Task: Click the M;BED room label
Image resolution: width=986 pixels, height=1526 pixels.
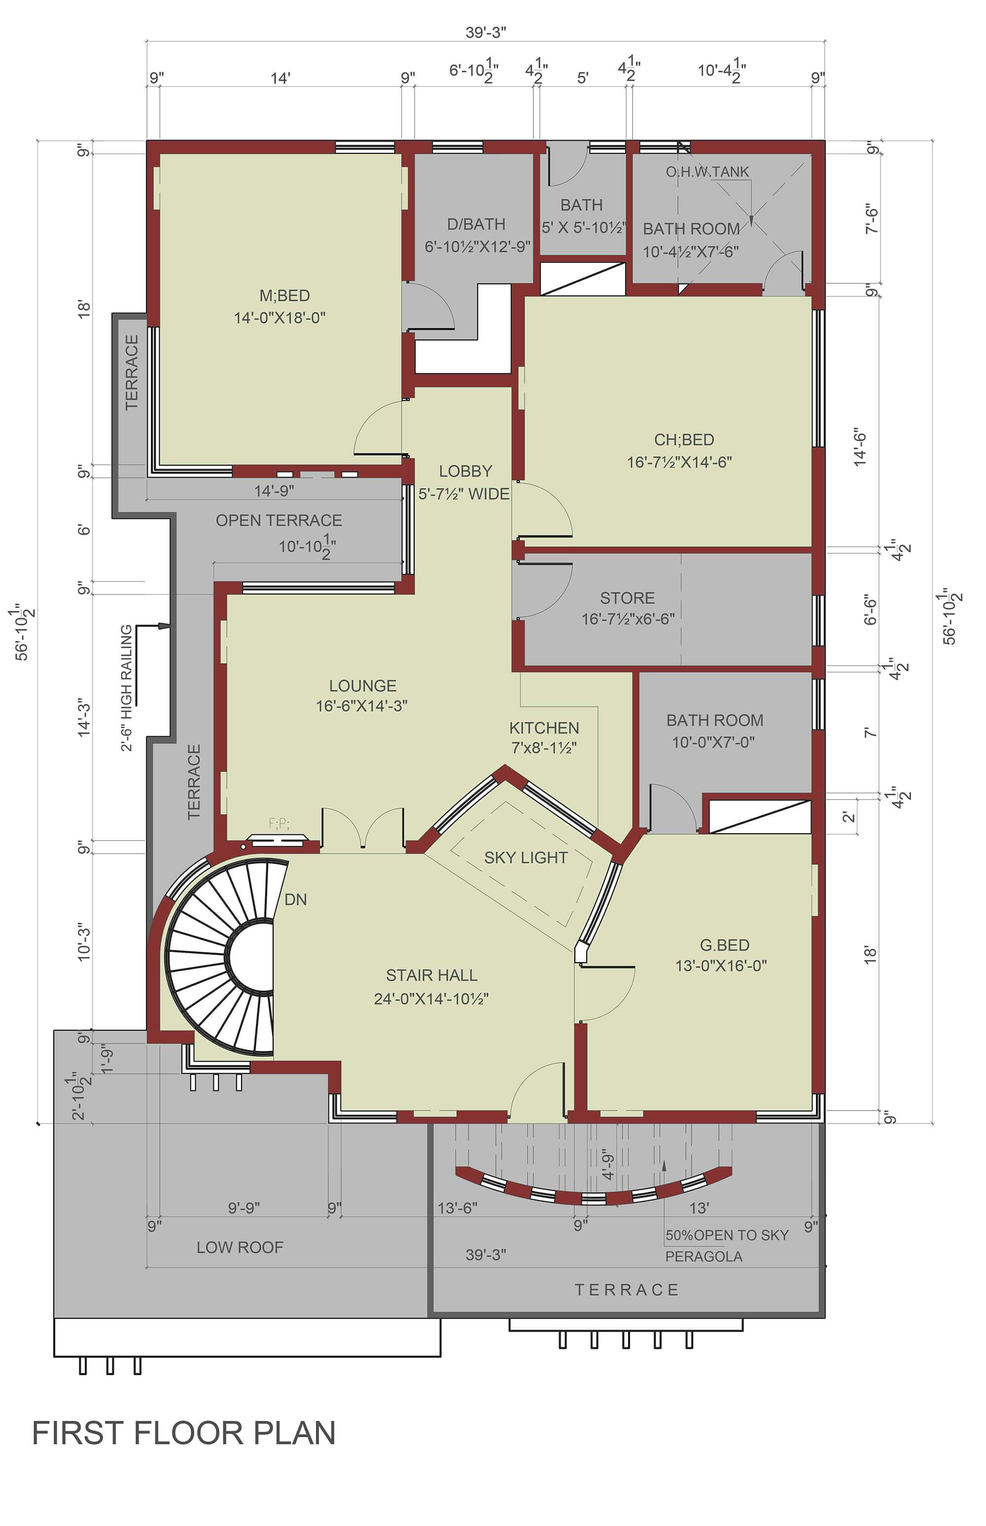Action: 285,296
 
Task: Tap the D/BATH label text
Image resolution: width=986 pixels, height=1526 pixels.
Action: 476,224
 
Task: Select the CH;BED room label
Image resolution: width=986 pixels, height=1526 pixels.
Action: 684,440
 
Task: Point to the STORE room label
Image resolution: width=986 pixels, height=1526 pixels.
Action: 628,597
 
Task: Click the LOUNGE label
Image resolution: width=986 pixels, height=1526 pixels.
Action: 363,685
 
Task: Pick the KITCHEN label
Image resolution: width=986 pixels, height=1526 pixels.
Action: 544,728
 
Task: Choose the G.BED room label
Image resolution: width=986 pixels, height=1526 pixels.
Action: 725,945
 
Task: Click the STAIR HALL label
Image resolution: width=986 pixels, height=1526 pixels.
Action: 431,975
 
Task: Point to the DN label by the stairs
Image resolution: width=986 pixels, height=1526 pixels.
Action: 296,899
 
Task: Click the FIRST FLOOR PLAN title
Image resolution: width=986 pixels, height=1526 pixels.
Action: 184,1433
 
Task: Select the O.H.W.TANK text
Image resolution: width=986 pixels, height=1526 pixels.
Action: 707,172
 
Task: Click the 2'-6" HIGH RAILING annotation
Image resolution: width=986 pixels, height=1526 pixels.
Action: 127,687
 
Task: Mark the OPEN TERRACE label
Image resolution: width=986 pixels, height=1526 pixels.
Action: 279,520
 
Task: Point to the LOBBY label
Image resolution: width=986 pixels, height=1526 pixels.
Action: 465,471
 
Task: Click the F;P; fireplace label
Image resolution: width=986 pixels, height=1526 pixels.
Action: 279,824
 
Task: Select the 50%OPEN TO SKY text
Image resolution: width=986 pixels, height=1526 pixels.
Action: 727,1235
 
